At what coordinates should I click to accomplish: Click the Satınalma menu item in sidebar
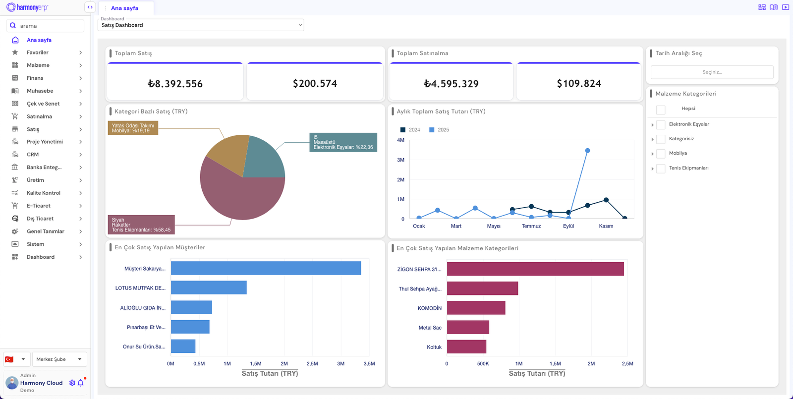click(39, 116)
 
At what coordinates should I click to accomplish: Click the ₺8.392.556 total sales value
click(175, 84)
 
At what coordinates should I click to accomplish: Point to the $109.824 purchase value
click(578, 84)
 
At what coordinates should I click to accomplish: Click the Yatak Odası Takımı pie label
click(133, 128)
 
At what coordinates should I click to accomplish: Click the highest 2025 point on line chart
click(587, 151)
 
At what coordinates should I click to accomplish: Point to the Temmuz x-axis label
click(531, 226)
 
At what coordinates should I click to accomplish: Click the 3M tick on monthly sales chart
click(400, 160)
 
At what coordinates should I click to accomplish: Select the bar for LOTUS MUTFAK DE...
click(209, 287)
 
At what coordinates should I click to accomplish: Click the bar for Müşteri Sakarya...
click(266, 268)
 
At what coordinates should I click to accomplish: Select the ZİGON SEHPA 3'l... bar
click(535, 269)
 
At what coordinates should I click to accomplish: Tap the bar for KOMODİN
click(476, 308)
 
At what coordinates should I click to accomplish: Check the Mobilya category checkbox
click(661, 154)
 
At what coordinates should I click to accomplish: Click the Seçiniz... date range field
click(712, 72)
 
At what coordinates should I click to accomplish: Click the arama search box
click(50, 26)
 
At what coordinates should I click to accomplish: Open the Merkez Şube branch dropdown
click(59, 359)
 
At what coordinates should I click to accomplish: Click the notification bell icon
click(81, 383)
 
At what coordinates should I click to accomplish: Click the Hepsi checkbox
click(661, 110)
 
